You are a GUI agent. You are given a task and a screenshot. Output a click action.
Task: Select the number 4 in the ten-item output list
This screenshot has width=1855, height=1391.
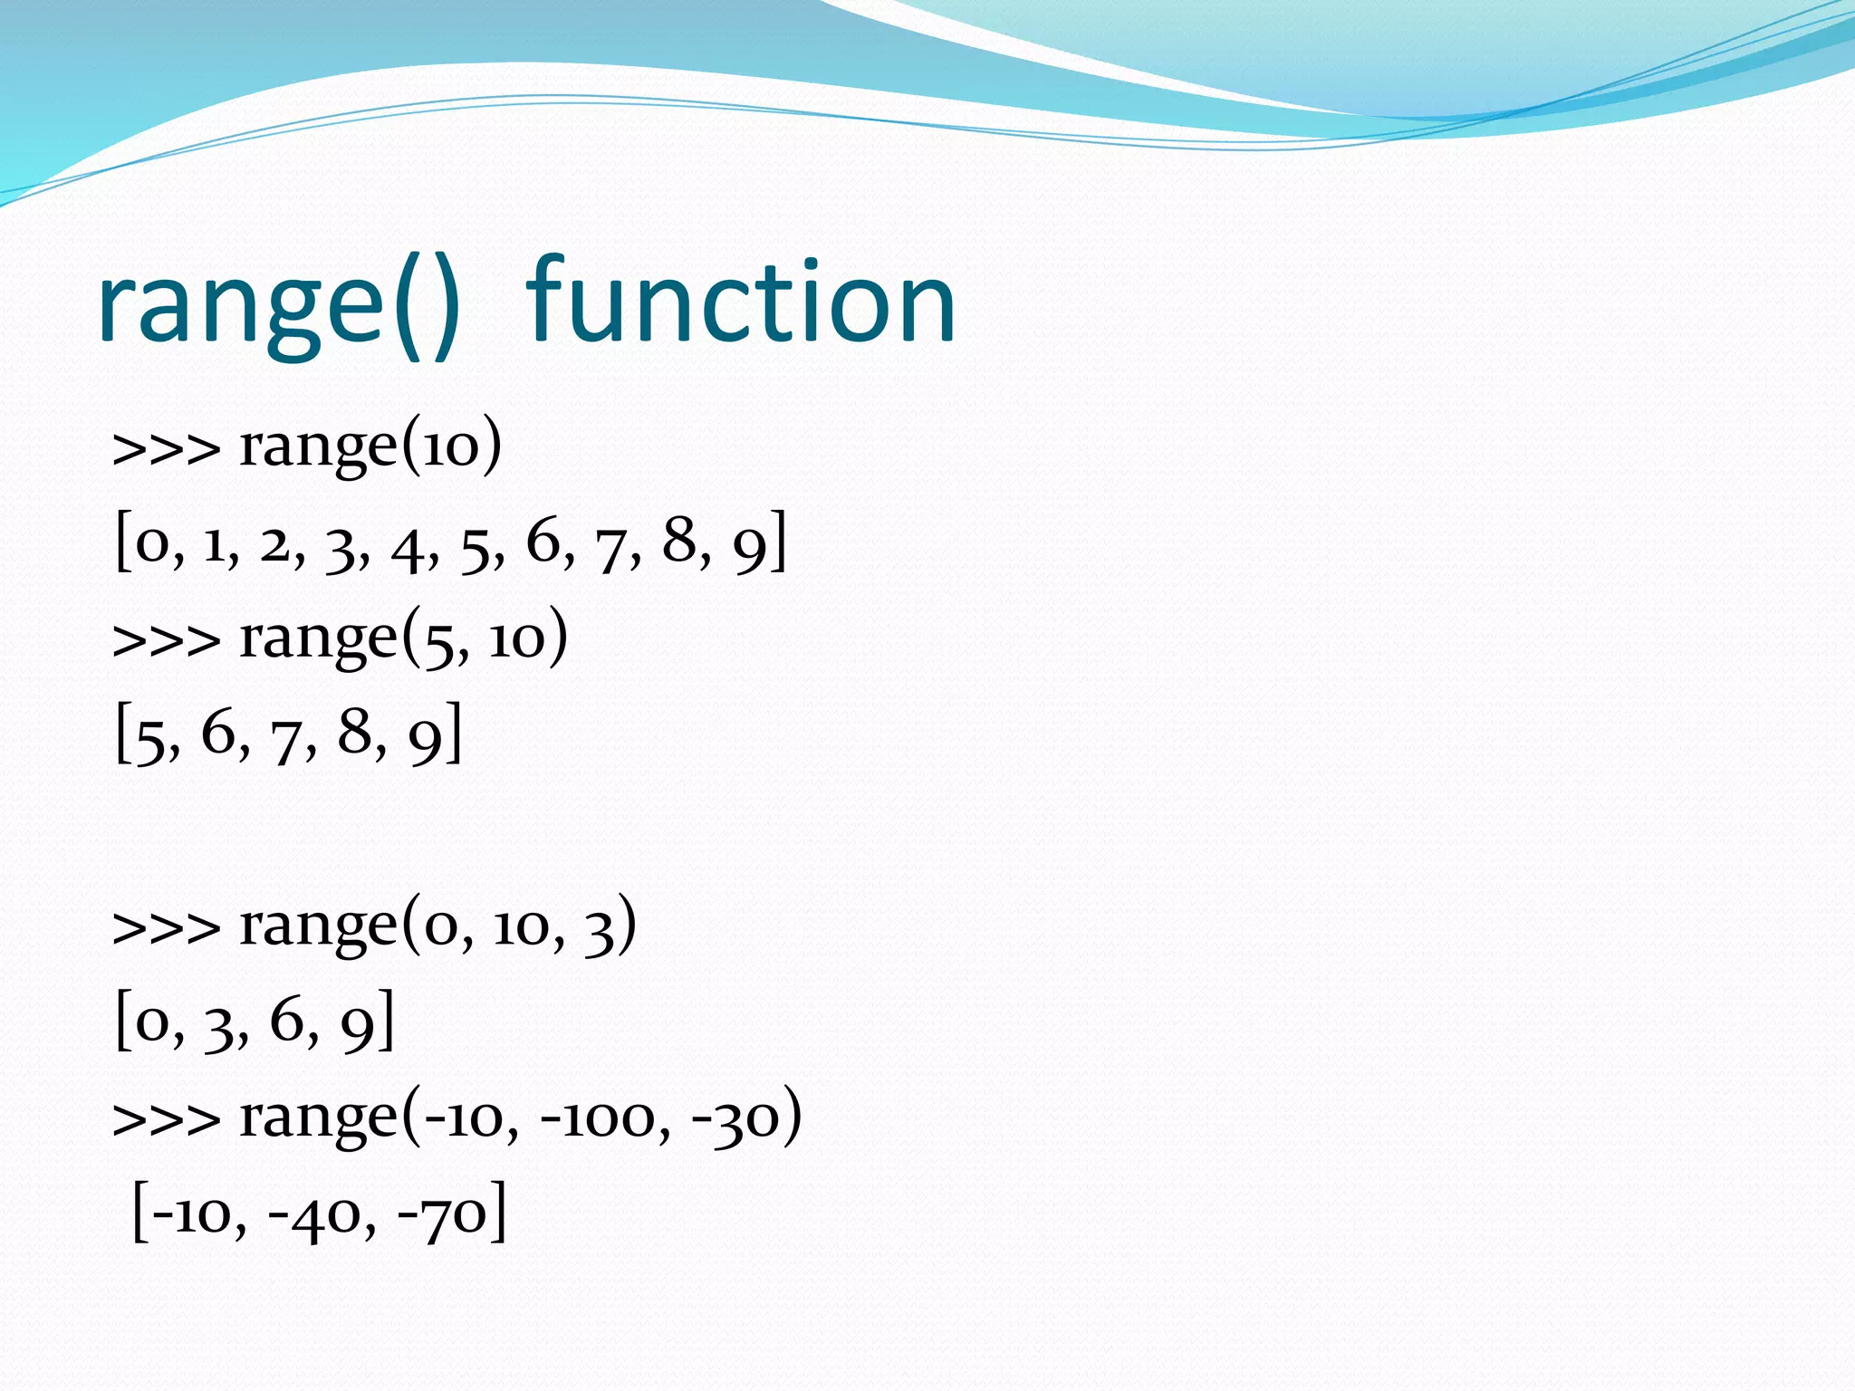[409, 549]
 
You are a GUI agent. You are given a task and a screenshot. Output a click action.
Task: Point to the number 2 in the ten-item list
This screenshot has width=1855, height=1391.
[275, 545]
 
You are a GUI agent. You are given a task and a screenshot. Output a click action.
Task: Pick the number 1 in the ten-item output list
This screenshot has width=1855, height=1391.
[215, 545]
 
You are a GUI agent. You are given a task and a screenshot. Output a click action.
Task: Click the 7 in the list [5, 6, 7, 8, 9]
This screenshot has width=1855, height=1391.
[286, 739]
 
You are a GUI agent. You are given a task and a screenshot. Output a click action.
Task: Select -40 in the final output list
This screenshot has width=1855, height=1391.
[313, 1215]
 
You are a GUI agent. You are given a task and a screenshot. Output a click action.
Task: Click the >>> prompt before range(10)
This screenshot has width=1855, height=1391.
[167, 449]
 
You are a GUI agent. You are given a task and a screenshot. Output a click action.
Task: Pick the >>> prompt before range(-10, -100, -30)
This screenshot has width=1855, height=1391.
[167, 1121]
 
